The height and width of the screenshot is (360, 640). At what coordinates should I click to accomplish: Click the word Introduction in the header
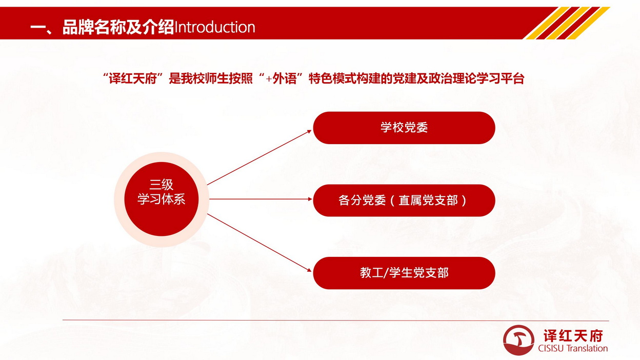[214, 27]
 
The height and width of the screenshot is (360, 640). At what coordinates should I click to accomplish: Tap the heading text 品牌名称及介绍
[118, 27]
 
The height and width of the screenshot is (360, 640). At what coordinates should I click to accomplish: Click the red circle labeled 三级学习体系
[162, 199]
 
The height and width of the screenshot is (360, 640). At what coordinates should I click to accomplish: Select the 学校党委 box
[404, 128]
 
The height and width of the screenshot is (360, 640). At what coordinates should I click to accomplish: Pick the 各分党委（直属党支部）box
[404, 201]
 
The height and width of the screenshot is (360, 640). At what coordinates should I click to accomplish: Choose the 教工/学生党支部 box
[404, 273]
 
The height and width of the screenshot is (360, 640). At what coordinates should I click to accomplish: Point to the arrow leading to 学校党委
[259, 157]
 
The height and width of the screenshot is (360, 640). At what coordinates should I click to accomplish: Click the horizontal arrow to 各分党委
[261, 199]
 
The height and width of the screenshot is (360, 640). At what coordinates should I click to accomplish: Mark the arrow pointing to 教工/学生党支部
[259, 243]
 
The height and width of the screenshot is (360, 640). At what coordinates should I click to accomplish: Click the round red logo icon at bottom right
[518, 340]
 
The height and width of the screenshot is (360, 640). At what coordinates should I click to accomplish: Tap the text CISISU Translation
[573, 348]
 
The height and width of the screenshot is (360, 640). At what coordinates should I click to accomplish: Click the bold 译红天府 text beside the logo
[573, 335]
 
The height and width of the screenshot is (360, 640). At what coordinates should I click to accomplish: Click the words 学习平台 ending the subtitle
[501, 78]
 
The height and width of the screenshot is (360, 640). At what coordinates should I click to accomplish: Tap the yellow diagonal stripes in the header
[568, 23]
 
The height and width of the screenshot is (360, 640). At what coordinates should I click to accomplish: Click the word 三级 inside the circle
[162, 185]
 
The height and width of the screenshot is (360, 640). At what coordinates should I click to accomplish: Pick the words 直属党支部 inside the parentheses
[428, 201]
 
